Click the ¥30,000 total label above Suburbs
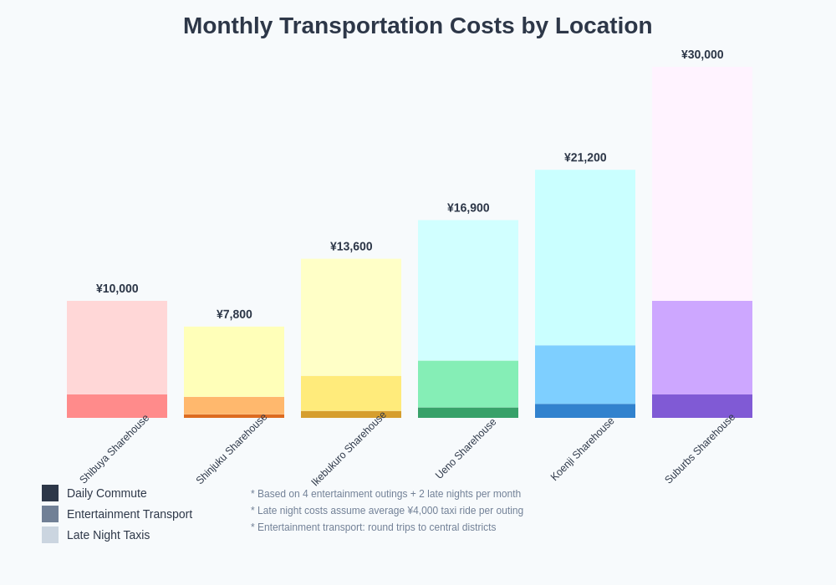tap(702, 54)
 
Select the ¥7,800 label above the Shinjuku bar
tap(234, 314)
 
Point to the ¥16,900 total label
tap(468, 207)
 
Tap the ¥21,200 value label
tap(585, 157)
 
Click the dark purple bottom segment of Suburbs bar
tap(702, 406)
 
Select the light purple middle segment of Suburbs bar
tap(702, 348)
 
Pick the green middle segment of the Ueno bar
tap(468, 384)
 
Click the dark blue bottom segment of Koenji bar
tap(585, 411)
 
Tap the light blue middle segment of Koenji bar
tap(585, 374)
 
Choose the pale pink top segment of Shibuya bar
tap(117, 348)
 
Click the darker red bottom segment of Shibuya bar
tap(117, 406)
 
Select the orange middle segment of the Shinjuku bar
tap(234, 405)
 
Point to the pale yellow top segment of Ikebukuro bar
tap(351, 318)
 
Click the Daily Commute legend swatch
tap(50, 493)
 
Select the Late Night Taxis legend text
tap(108, 535)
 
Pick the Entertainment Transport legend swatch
tap(50, 514)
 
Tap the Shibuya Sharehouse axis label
tap(115, 449)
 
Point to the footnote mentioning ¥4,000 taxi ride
tap(387, 511)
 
